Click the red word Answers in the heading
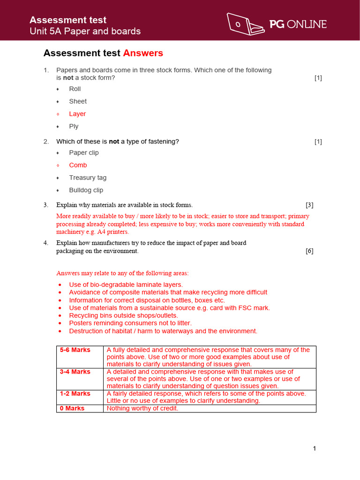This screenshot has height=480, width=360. pos(143,53)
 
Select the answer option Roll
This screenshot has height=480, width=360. pos(75,89)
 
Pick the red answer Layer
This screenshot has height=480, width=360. pos(77,114)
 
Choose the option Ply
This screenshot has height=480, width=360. pos(74,127)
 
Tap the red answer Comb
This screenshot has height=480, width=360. pos(78,165)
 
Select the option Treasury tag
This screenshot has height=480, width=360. pos(88,178)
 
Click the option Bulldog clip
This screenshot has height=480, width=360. pos(86,190)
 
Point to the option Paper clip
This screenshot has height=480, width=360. pos(84,152)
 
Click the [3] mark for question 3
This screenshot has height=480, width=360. pos(309,205)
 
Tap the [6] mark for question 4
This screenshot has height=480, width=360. pos(309,251)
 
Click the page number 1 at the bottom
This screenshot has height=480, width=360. pos(315,449)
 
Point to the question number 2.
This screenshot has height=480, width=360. pos(46,142)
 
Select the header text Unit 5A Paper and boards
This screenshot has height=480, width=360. pos(85,31)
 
